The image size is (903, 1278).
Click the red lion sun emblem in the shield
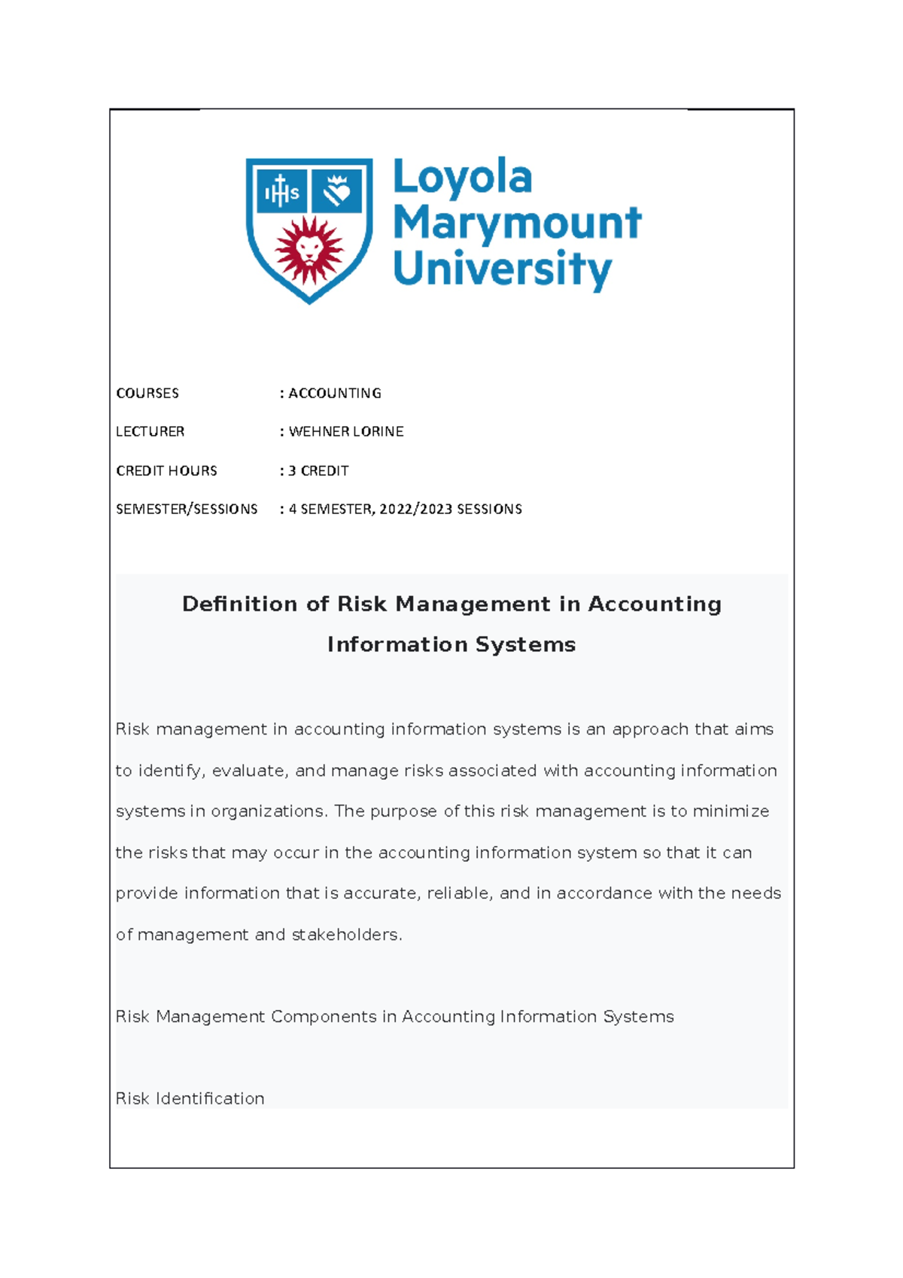tap(309, 249)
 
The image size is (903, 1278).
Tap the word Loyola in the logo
tap(462, 178)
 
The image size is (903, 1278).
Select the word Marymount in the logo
tap(517, 224)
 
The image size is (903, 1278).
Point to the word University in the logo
tap(502, 269)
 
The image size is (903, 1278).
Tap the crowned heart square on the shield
tap(337, 191)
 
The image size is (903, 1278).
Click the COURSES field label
tap(147, 394)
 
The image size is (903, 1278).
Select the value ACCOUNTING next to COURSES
tap(335, 394)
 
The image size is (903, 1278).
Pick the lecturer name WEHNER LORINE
tap(346, 432)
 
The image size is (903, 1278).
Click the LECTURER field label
tap(150, 432)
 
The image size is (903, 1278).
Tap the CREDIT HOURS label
tap(166, 471)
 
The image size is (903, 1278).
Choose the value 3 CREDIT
tap(318, 471)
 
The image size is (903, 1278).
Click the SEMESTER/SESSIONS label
tap(187, 510)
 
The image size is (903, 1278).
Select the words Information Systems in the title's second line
tap(451, 645)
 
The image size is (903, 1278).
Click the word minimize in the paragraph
tap(731, 811)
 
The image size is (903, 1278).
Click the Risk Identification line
tap(190, 1099)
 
